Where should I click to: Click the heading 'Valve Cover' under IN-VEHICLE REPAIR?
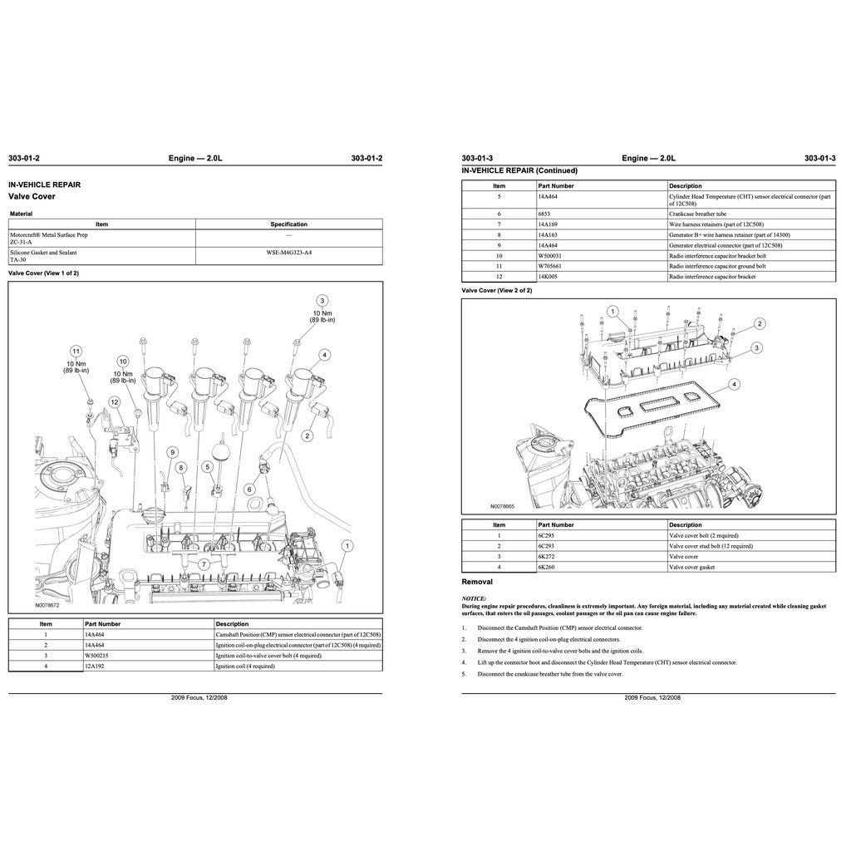tap(32, 197)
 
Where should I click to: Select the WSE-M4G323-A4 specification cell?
tap(288, 252)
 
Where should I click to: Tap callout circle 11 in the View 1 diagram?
tap(76, 351)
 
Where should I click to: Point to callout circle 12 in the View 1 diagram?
tap(115, 402)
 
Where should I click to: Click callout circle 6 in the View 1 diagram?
tap(248, 490)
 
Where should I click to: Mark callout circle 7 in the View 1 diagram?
tap(203, 564)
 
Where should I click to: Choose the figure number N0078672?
tap(47, 606)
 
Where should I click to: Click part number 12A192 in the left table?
tap(96, 666)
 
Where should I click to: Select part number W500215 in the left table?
tap(97, 656)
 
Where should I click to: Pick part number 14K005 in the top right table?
tap(548, 277)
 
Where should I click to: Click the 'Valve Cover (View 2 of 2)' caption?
tap(496, 291)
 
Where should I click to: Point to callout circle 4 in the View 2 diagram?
tap(734, 385)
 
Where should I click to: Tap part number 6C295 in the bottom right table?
tap(548, 536)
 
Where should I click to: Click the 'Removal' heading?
tap(477, 583)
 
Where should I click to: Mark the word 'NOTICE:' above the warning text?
tap(475, 598)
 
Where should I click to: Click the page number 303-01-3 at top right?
tap(819, 158)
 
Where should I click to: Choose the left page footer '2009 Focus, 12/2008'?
tap(199, 698)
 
